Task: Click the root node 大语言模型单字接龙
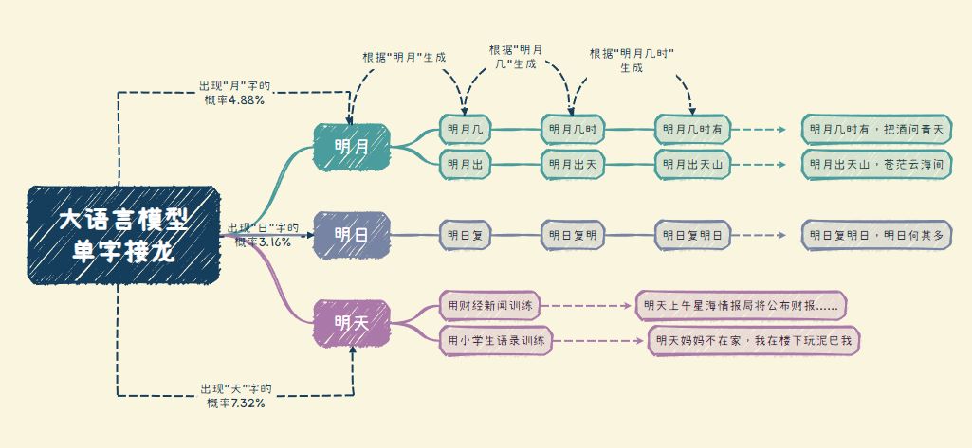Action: coord(123,235)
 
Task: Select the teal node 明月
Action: coord(352,147)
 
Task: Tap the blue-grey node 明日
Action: coord(352,234)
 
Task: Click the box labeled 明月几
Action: coord(466,129)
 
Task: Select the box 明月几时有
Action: coord(693,129)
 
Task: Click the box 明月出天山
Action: coord(693,164)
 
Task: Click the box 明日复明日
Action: coord(693,234)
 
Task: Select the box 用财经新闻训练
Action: coord(493,306)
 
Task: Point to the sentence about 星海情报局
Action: coord(741,306)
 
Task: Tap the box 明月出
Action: coord(466,164)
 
